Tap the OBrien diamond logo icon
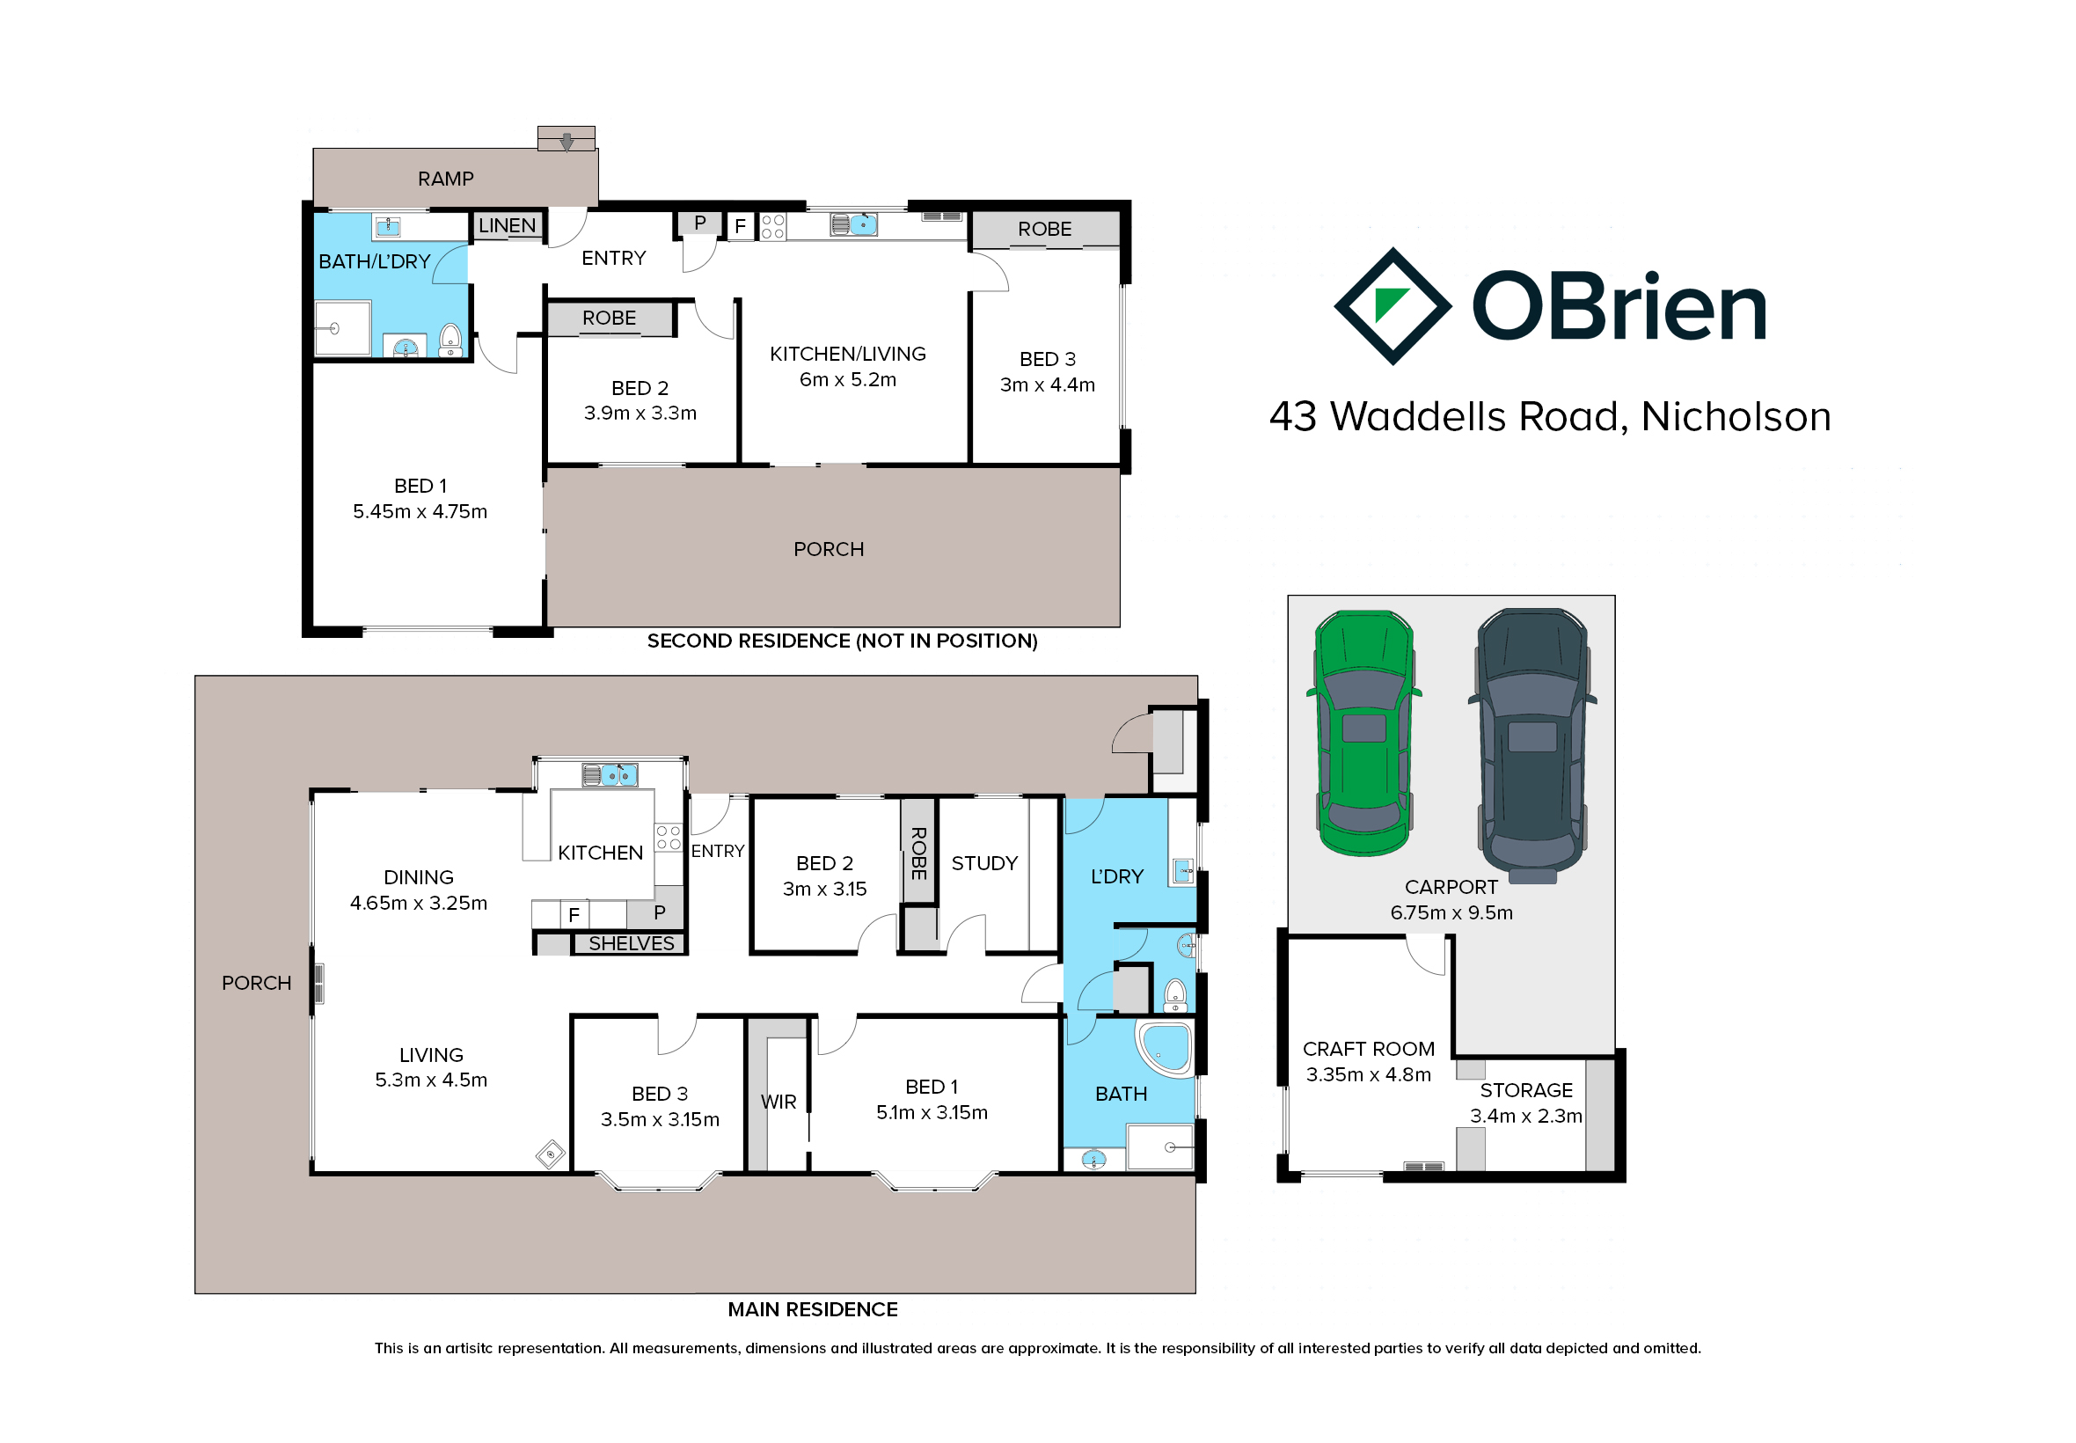click(1392, 306)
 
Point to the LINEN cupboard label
click(507, 225)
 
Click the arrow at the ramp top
click(567, 142)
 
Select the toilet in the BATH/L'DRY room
click(450, 341)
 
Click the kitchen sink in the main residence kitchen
click(610, 775)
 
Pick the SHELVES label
click(631, 943)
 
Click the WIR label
click(778, 1102)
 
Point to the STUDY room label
click(984, 862)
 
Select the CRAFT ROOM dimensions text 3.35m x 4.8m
click(1369, 1074)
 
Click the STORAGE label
click(1525, 1090)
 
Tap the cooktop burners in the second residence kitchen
click(772, 226)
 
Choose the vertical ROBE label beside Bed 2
click(918, 853)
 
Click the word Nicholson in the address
click(1736, 416)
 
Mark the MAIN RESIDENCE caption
click(813, 1309)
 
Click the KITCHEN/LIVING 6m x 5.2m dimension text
click(848, 380)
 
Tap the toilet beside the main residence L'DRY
click(1174, 994)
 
